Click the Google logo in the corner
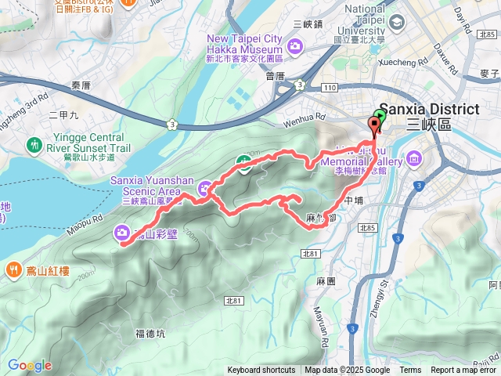[30, 365]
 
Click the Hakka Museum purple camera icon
[296, 47]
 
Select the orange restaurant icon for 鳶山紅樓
[14, 270]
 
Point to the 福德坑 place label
[150, 333]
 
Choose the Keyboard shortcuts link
[261, 371]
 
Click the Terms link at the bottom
[409, 371]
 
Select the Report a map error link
[464, 371]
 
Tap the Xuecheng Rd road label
[424, 60]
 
